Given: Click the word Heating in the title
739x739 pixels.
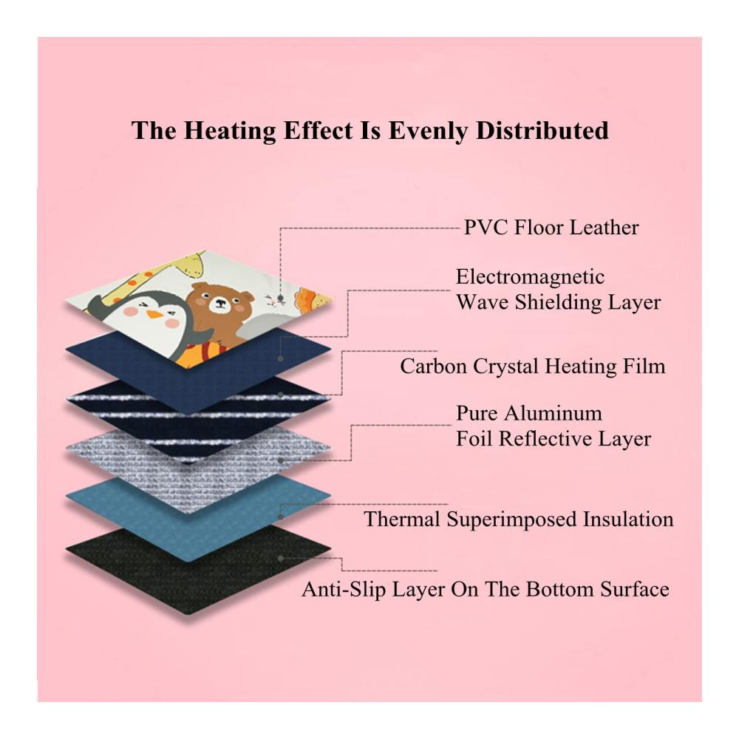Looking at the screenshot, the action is (229, 132).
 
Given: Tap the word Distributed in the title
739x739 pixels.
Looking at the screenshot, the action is (542, 131).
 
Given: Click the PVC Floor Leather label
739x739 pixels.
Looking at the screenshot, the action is (551, 228).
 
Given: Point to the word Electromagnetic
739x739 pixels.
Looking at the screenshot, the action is (530, 276).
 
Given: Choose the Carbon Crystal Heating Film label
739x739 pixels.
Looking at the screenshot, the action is (533, 367).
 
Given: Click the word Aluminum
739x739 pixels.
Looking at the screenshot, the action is (558, 413).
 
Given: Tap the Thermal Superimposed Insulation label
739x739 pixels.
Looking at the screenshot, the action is (519, 520).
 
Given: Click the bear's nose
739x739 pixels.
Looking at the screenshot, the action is (219, 303).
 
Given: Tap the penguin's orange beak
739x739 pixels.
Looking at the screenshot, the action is (153, 314).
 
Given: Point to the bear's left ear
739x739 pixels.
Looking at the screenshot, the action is (200, 287).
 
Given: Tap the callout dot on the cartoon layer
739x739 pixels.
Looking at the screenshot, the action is (280, 299).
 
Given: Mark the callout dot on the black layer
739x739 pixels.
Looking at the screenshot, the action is (280, 558).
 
